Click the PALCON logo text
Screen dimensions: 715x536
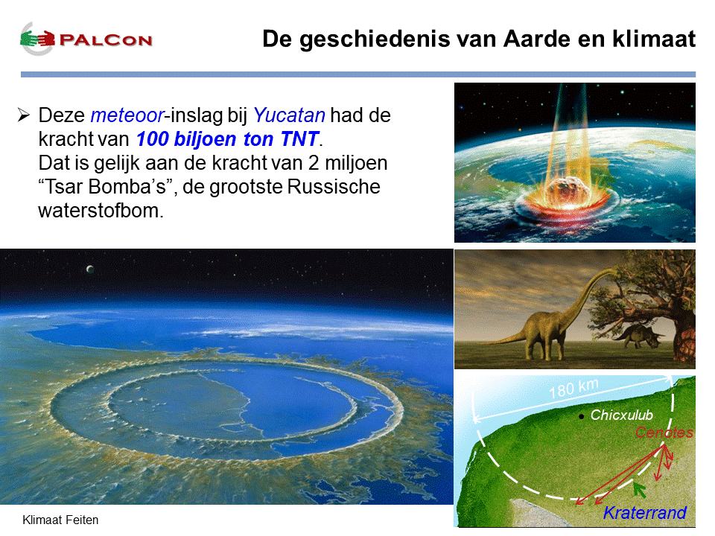tap(106, 40)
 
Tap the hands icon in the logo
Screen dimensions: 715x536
tap(37, 39)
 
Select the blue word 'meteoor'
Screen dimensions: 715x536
tap(127, 115)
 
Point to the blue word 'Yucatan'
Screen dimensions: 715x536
tap(289, 115)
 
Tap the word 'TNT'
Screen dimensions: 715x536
tap(299, 139)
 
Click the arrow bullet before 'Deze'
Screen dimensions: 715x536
tap(24, 115)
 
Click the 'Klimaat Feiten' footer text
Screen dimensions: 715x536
tap(60, 520)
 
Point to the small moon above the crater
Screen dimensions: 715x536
tap(90, 269)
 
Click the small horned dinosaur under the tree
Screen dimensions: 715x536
tap(639, 335)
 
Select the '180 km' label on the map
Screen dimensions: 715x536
tap(573, 389)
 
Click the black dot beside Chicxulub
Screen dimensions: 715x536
tap(581, 417)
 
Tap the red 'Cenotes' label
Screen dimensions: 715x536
tap(664, 432)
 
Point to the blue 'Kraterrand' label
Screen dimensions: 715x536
tap(645, 513)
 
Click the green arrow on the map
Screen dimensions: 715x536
tap(639, 490)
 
